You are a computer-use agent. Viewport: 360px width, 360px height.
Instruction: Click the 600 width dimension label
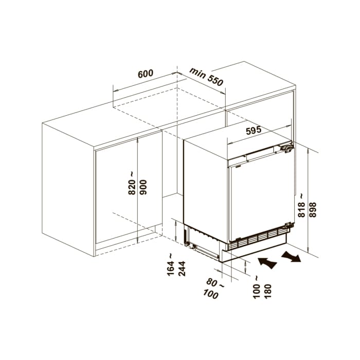pos(146,74)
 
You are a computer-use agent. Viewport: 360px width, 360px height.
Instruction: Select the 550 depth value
pos(215,80)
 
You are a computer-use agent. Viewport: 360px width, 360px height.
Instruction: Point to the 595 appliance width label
pos(254,131)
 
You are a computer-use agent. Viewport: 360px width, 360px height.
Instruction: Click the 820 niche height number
pos(132,187)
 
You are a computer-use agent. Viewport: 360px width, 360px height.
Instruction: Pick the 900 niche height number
pos(143,187)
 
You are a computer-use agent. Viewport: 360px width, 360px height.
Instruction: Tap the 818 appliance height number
pos(301,210)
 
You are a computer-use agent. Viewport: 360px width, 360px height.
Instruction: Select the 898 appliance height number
pos(313,210)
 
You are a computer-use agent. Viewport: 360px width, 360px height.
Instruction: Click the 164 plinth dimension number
pos(171,268)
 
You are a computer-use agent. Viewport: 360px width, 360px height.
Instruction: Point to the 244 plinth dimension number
pos(182,268)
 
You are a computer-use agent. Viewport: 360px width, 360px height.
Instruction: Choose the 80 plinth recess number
pos(211,282)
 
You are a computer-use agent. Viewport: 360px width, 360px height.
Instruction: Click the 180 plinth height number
pos(268,291)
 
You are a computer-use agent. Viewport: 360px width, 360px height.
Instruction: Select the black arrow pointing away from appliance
pos(292,257)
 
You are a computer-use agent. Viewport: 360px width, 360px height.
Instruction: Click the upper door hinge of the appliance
pos(287,148)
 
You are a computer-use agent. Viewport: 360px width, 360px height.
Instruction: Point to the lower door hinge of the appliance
pos(289,225)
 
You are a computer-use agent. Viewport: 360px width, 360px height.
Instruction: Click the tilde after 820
pos(132,174)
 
